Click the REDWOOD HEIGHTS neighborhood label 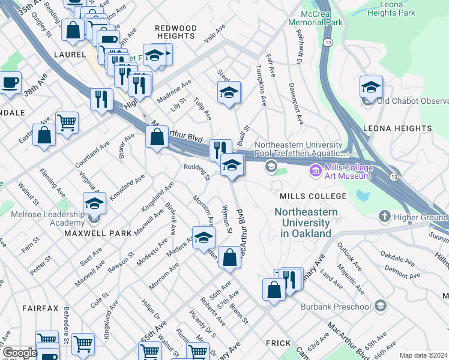[x=175, y=32]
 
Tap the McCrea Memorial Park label [x=315, y=17]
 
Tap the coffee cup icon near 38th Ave [x=10, y=83]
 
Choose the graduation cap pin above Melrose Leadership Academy [x=94, y=204]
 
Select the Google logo [x=19, y=353]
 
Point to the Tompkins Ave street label [x=261, y=86]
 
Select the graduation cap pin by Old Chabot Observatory [x=371, y=88]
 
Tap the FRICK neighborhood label [x=279, y=343]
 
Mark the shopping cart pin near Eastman [x=67, y=122]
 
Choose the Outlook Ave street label [x=347, y=256]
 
